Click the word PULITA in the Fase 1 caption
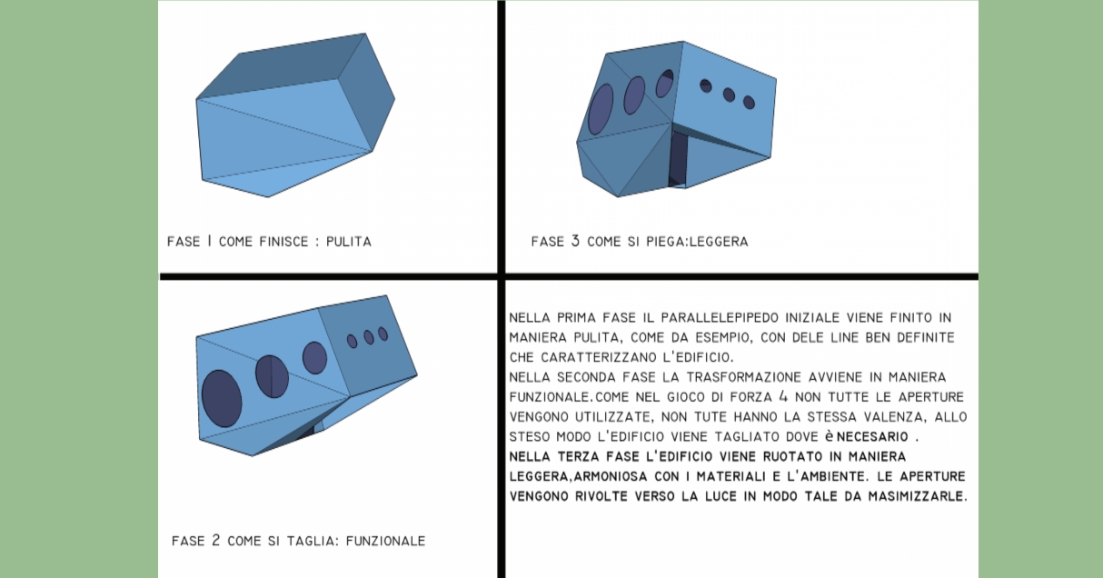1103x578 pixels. click(349, 242)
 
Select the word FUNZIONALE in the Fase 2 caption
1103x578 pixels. click(385, 541)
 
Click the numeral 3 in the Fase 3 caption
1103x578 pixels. click(575, 241)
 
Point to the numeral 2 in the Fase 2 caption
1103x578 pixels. click(215, 541)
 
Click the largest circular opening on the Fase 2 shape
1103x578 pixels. click(222, 398)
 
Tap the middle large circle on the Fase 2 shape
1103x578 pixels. click(272, 376)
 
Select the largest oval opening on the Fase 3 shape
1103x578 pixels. click(601, 109)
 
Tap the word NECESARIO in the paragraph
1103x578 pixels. click(872, 437)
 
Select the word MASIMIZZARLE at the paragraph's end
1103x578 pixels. click(914, 496)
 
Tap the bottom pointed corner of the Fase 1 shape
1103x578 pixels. click(268, 197)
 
